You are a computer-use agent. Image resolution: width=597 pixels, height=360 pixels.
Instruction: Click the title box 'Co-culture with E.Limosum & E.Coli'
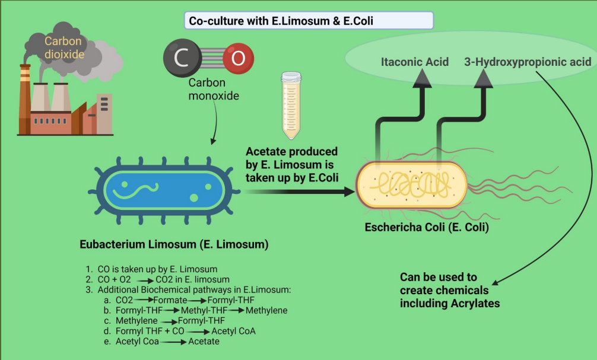tap(308, 21)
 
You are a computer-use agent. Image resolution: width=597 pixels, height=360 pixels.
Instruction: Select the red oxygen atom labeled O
tap(238, 58)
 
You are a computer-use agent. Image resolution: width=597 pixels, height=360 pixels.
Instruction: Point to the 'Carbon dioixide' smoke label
tap(63, 48)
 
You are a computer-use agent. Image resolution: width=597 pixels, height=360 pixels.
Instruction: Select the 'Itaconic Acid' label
tap(414, 62)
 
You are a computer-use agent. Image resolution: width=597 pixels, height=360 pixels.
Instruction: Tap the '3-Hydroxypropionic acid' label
tap(528, 62)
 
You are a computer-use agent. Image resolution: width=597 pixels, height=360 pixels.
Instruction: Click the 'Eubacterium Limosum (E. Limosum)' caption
tap(174, 244)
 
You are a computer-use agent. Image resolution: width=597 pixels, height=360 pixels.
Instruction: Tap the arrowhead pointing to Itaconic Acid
tap(423, 78)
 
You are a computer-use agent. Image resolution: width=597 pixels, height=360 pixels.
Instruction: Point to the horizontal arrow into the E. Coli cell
tap(297, 192)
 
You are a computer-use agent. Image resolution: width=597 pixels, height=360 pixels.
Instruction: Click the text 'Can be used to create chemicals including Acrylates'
tap(450, 290)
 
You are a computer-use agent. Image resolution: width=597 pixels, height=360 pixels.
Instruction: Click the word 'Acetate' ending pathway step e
tap(204, 341)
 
